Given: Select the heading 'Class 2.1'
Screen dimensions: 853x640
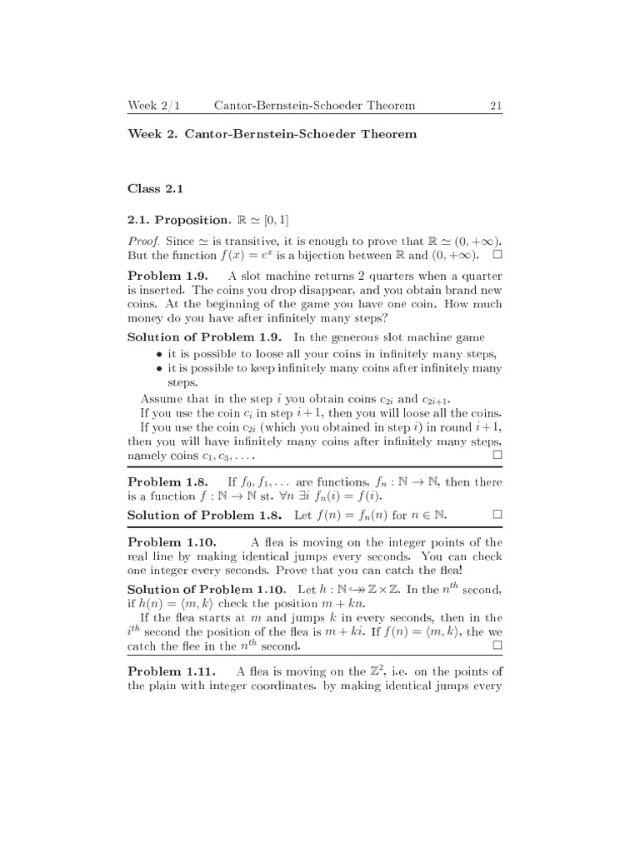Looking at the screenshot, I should pos(154,190).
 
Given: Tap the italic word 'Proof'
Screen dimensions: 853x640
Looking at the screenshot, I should pos(142,241).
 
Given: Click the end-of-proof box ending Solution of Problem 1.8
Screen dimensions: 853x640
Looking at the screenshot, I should pos(497,515).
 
